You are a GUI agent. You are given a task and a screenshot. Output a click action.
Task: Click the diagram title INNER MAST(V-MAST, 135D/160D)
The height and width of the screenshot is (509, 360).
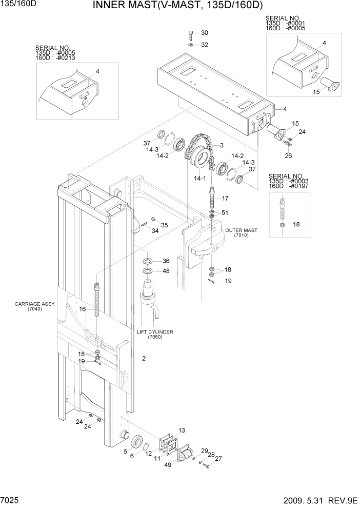[x=177, y=6]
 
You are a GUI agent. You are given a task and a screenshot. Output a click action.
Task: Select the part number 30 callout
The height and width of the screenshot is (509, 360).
[x=204, y=33]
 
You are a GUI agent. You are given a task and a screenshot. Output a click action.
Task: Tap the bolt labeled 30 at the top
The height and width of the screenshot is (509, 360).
[x=191, y=35]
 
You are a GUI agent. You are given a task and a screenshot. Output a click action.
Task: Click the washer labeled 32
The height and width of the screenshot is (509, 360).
[x=190, y=45]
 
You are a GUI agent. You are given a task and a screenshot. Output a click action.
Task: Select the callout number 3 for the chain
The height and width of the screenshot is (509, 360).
[x=222, y=146]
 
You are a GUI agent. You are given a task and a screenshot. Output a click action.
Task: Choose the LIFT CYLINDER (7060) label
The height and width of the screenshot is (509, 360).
[x=155, y=335]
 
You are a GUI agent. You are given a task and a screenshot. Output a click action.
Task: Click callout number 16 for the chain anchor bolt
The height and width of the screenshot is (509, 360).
[x=82, y=309]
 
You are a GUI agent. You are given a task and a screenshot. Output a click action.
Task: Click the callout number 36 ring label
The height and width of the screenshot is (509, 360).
[x=166, y=261]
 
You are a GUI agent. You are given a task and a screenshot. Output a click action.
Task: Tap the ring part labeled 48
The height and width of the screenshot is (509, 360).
[x=147, y=271]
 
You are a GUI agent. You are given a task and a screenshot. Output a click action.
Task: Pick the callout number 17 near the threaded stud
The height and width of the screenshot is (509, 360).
[x=225, y=198]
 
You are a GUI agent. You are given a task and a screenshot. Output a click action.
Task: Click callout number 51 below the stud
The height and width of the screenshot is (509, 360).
[x=225, y=212]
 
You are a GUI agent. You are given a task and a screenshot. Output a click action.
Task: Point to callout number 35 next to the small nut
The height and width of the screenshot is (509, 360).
[x=164, y=225]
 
